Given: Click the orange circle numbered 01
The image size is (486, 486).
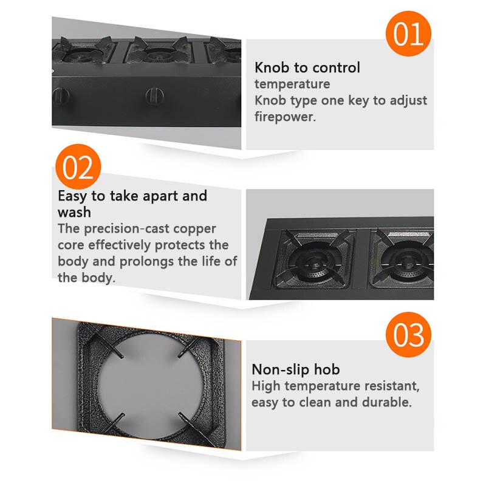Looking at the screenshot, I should point(408,34).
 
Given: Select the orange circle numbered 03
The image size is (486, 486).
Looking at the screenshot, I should point(408,335).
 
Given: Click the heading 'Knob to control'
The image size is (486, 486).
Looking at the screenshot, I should point(307,67).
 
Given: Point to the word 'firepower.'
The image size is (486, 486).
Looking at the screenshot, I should point(286,117).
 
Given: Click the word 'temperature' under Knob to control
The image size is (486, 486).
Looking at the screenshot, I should point(292,84).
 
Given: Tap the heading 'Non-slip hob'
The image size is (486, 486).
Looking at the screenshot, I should point(296,369).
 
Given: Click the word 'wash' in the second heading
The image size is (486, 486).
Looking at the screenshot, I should point(74,212).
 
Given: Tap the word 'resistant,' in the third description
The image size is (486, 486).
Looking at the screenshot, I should point(389,386).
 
